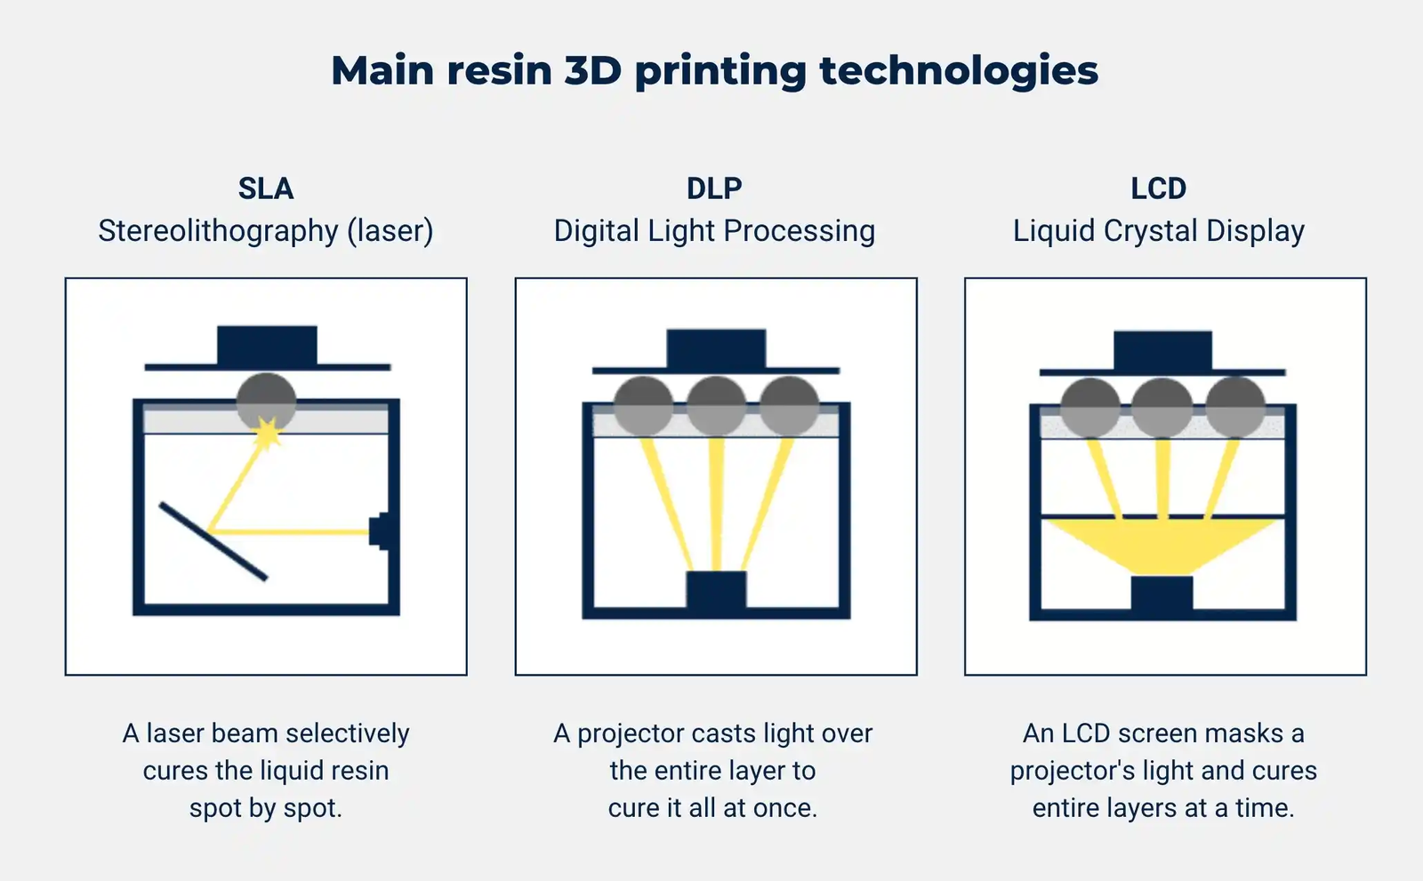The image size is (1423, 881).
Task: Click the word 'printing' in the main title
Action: coord(720,71)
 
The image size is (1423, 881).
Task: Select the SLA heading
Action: coord(265,188)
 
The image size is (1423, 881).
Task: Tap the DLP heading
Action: coord(714,188)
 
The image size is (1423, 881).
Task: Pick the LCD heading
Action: coord(1158,188)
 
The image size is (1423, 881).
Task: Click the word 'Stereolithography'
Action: coord(218,231)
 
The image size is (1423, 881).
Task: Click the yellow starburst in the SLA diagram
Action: coord(267,434)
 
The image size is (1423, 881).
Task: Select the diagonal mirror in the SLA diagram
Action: coord(213,541)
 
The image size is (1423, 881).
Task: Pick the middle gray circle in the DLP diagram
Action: coord(716,405)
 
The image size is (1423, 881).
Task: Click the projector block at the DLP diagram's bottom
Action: coord(716,591)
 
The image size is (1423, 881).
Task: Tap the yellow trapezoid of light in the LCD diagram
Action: coord(1162,545)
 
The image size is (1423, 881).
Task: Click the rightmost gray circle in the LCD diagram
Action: coord(1235,407)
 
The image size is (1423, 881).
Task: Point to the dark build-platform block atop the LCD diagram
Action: coord(1162,350)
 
